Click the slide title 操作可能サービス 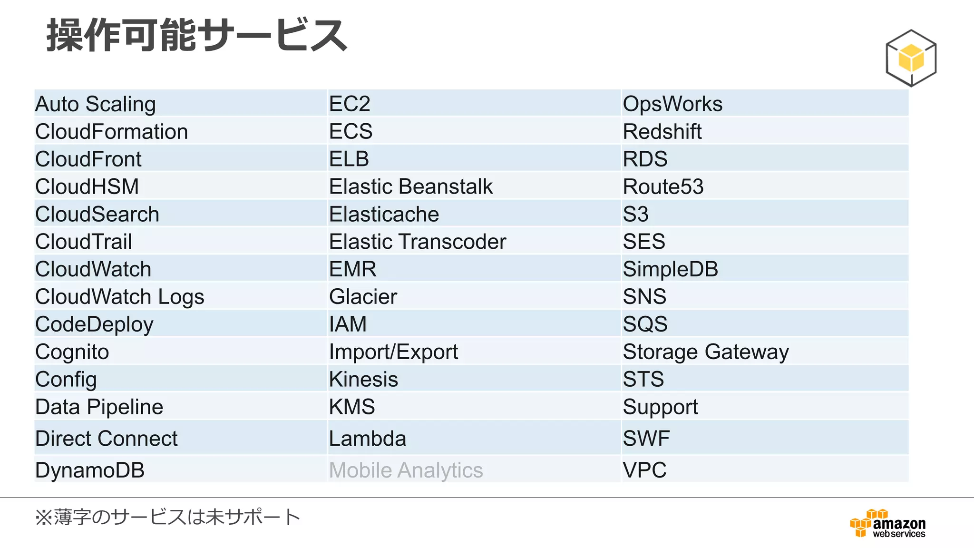[197, 35]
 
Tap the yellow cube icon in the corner [911, 58]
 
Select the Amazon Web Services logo [888, 524]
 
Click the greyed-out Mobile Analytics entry [406, 470]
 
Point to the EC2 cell [350, 104]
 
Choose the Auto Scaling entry [96, 104]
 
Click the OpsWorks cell [672, 104]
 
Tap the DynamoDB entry [90, 470]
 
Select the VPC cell [644, 470]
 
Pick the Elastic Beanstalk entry [410, 186]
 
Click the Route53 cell [663, 186]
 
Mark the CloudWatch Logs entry [120, 297]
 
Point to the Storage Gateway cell [706, 352]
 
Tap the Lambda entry [368, 438]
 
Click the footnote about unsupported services [168, 517]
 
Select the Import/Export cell [393, 352]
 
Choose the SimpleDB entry [670, 269]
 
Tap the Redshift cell [662, 131]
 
